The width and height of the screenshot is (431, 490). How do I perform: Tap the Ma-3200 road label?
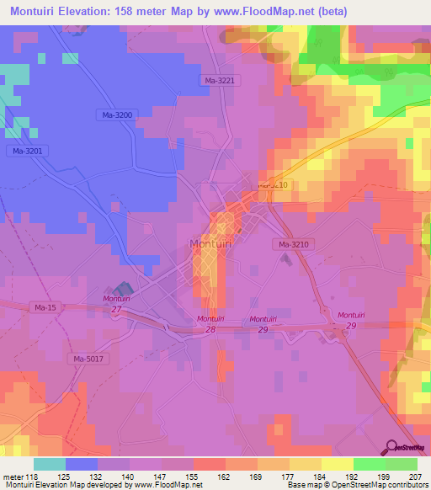tap(114, 114)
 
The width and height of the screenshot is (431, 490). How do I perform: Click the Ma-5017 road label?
tap(89, 360)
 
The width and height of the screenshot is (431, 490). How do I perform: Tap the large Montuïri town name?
tap(210, 244)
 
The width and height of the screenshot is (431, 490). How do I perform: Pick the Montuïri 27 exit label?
tap(116, 305)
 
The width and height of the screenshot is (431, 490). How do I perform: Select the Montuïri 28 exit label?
tap(210, 324)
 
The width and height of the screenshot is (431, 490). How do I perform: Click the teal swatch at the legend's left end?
tap(50, 464)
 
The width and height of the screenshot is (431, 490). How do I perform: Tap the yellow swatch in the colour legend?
tap(338, 464)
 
